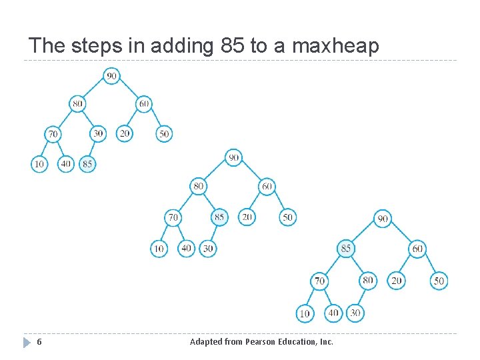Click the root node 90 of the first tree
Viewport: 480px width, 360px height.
111,76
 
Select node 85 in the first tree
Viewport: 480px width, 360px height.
87,163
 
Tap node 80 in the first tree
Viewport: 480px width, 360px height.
78,104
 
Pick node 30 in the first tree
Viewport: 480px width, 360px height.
98,133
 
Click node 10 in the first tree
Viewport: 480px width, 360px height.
39,163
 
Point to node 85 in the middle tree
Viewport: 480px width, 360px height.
219,217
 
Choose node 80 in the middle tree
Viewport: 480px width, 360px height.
198,186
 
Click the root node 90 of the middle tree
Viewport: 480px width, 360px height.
233,157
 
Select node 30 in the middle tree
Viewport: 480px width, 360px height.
209,248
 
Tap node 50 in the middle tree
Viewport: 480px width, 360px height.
287,217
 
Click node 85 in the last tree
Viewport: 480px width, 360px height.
345,249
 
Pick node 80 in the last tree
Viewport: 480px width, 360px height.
367,281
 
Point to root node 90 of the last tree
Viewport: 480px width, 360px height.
382,218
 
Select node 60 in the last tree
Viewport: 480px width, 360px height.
417,249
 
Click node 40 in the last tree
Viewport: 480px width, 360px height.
333,312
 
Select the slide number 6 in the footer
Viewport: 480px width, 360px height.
39,342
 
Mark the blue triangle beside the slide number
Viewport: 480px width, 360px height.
27,342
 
